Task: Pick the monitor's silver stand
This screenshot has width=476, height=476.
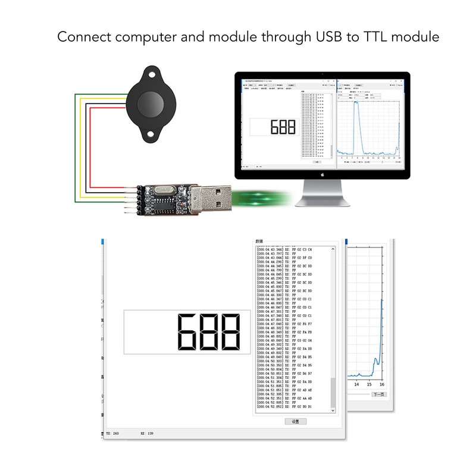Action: [322, 192]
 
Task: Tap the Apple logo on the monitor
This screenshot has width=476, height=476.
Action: [322, 175]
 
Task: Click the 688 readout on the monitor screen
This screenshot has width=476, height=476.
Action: [283, 127]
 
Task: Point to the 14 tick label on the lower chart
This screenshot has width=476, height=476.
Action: [358, 385]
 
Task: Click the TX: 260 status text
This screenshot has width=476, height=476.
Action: [112, 434]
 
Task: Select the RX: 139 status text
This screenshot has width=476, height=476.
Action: [147, 434]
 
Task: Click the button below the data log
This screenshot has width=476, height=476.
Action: [296, 421]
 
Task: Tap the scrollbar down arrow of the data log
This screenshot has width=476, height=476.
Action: [333, 409]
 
